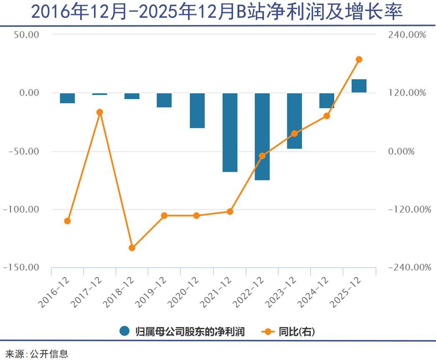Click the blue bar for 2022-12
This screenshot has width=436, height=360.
[262, 137]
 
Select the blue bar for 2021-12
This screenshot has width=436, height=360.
[230, 132]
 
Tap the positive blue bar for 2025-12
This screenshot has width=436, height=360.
[359, 86]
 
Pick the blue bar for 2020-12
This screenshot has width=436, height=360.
[197, 110]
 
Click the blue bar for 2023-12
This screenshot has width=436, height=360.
[294, 121]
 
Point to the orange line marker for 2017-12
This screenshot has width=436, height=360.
[100, 112]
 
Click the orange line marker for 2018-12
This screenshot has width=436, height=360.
[132, 248]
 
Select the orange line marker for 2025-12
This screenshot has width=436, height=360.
[359, 60]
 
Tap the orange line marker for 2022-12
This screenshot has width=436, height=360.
[262, 156]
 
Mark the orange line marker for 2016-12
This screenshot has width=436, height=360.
[67, 221]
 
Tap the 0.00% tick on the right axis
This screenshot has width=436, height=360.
[401, 151]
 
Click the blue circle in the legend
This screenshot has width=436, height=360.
[124, 331]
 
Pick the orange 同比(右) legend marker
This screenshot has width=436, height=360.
[267, 332]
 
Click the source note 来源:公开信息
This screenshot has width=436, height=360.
[37, 354]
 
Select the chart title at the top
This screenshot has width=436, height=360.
[217, 13]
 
